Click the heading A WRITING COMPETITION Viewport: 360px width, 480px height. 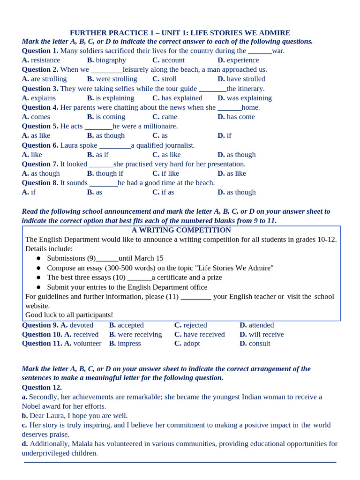[x=181, y=230]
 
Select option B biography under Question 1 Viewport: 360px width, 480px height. [x=106, y=60]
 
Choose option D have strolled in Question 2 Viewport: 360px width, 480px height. [x=241, y=79]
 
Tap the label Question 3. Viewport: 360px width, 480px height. [x=40, y=89]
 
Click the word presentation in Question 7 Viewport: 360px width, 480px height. [x=224, y=164]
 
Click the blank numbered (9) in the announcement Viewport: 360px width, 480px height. [x=107, y=258]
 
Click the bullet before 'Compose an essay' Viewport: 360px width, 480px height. [x=38, y=268]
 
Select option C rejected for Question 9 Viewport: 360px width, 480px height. [x=190, y=325]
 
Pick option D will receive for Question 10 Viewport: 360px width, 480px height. [x=262, y=335]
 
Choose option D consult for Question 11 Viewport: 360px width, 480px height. [x=255, y=344]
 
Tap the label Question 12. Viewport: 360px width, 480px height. [x=42, y=388]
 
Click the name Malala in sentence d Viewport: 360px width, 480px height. [x=94, y=444]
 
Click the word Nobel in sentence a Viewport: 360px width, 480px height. [x=31, y=406]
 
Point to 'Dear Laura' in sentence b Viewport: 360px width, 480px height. [x=48, y=416]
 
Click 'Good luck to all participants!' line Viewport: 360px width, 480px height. [x=69, y=315]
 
